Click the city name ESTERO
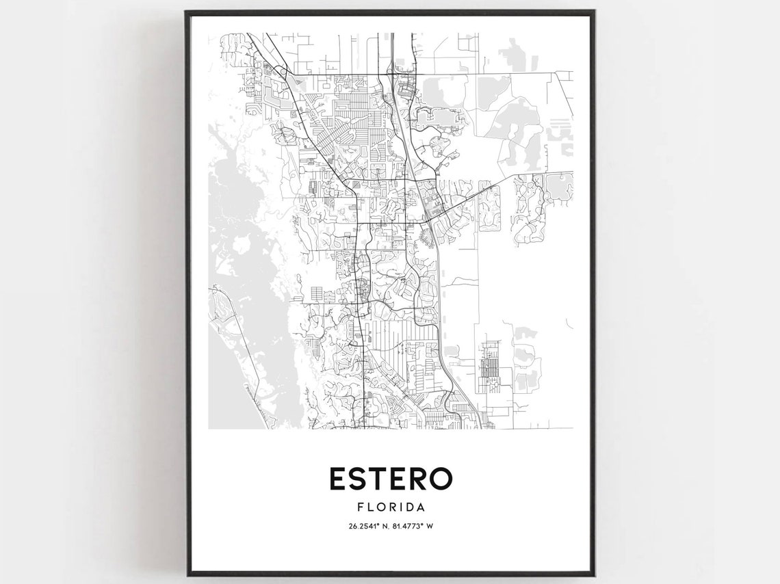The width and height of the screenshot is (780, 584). pyautogui.click(x=391, y=479)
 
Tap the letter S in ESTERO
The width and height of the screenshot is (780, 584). pyautogui.click(x=361, y=479)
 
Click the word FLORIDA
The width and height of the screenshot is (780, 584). pyautogui.click(x=391, y=507)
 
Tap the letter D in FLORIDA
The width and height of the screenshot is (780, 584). pyautogui.click(x=411, y=507)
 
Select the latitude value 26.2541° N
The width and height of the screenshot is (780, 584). pyautogui.click(x=369, y=525)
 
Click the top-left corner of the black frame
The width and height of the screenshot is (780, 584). pyautogui.click(x=186, y=12)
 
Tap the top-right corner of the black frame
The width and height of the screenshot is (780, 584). pyautogui.click(x=593, y=12)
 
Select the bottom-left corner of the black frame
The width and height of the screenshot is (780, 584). pyautogui.click(x=186, y=575)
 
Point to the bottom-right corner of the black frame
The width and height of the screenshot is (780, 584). pyautogui.click(x=593, y=575)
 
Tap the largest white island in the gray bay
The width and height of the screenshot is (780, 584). pyautogui.click(x=242, y=242)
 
